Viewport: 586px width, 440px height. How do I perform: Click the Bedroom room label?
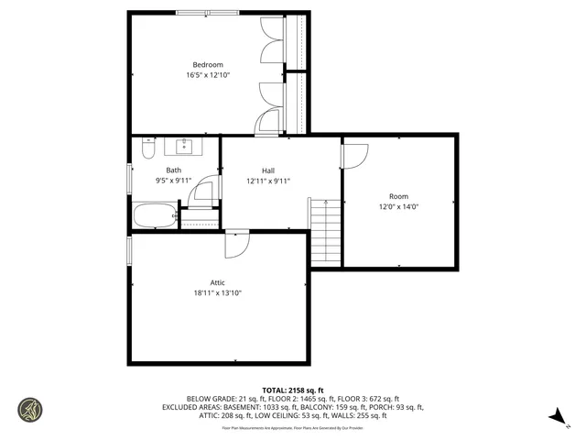[207, 64]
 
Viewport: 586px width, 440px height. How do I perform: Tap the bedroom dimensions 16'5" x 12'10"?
[207, 75]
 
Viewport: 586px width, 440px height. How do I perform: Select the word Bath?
[173, 170]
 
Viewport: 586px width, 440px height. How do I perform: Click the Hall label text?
[268, 170]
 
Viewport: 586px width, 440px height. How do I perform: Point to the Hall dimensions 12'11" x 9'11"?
[268, 181]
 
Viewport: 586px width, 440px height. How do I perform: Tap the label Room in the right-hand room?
[398, 196]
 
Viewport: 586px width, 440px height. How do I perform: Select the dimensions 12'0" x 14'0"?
[398, 207]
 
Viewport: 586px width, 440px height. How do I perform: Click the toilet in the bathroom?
[148, 151]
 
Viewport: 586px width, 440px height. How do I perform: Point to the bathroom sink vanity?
[185, 145]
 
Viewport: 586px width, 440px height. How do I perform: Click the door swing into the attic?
[236, 245]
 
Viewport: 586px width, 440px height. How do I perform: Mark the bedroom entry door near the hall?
[268, 126]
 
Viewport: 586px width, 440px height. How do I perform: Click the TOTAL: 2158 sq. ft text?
[292, 389]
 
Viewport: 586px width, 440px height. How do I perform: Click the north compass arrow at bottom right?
[554, 417]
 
